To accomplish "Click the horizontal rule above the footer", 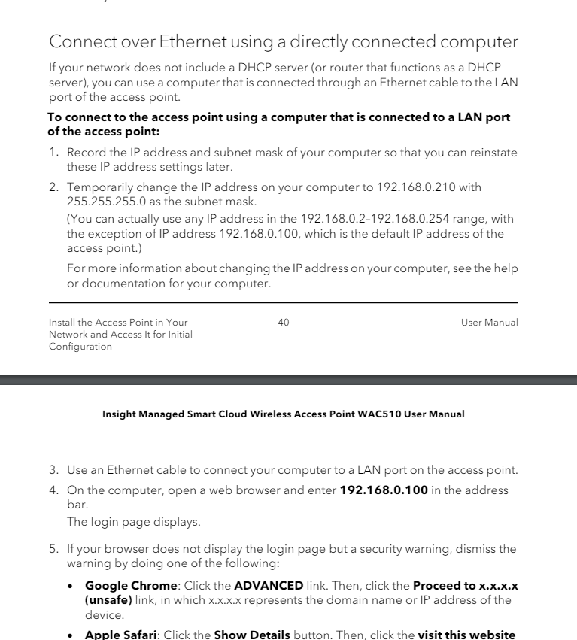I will click(x=284, y=303).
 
